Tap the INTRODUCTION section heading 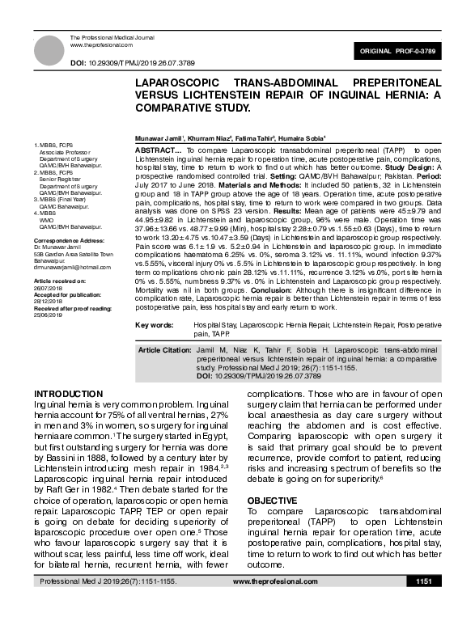pyautogui.click(x=69, y=394)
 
